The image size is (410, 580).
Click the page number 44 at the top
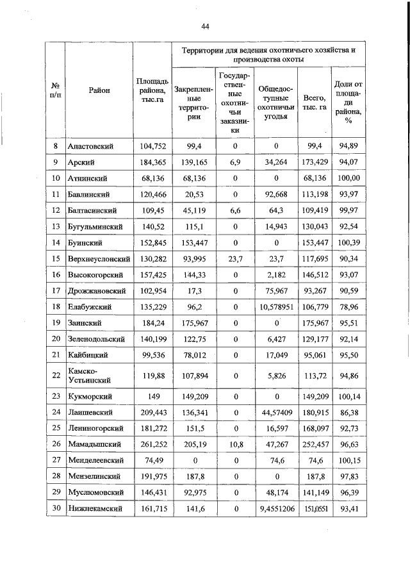(205, 26)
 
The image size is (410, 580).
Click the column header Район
(99, 90)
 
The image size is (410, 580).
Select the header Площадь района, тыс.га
(152, 90)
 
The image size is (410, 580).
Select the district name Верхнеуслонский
(99, 258)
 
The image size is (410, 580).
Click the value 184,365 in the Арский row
(152, 162)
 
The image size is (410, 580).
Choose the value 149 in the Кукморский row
(152, 397)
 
